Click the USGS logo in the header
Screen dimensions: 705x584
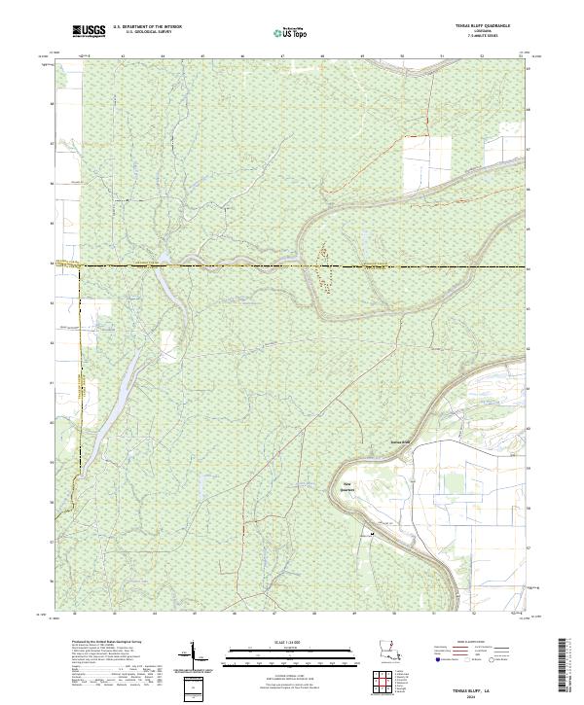[91, 31]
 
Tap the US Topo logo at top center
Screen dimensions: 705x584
[291, 32]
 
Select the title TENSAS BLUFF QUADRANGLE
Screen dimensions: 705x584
[483, 25]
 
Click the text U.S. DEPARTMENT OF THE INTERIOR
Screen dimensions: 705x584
[147, 28]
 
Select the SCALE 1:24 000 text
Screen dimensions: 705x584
[291, 642]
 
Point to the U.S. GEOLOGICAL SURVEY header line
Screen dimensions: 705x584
[147, 33]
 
